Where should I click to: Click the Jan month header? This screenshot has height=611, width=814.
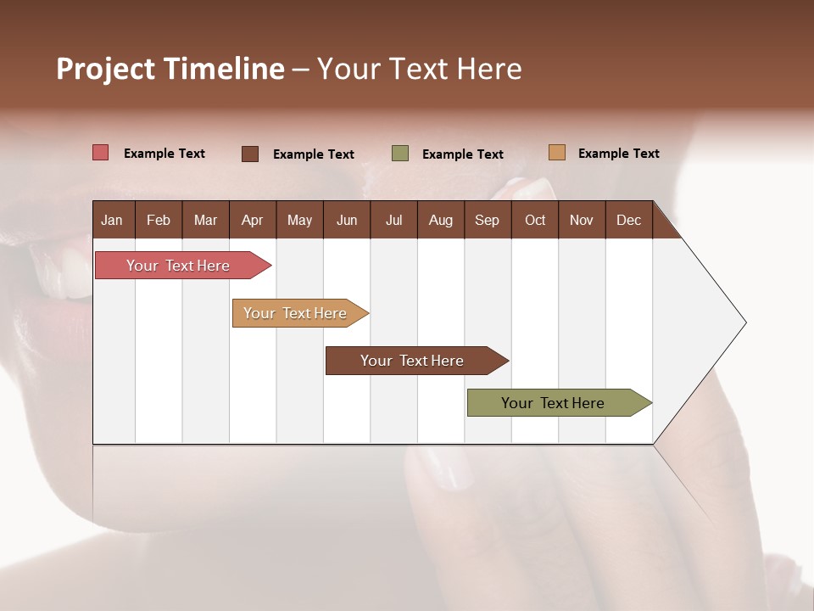(112, 220)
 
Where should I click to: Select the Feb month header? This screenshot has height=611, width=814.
(159, 220)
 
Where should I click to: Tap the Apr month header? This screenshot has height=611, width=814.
(252, 220)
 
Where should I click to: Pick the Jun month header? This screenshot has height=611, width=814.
(347, 220)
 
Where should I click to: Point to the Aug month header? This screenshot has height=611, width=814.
(440, 220)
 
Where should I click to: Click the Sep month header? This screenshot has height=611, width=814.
(487, 220)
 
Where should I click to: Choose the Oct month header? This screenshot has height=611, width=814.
(535, 220)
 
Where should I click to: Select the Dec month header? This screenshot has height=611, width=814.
(628, 220)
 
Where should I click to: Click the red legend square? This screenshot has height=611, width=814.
(100, 153)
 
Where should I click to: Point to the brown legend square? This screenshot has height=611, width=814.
(249, 154)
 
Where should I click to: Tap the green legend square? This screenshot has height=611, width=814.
(399, 154)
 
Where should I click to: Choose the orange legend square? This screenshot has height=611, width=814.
(556, 153)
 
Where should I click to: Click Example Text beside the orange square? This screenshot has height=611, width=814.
(618, 154)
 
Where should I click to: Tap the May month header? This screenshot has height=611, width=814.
(299, 220)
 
